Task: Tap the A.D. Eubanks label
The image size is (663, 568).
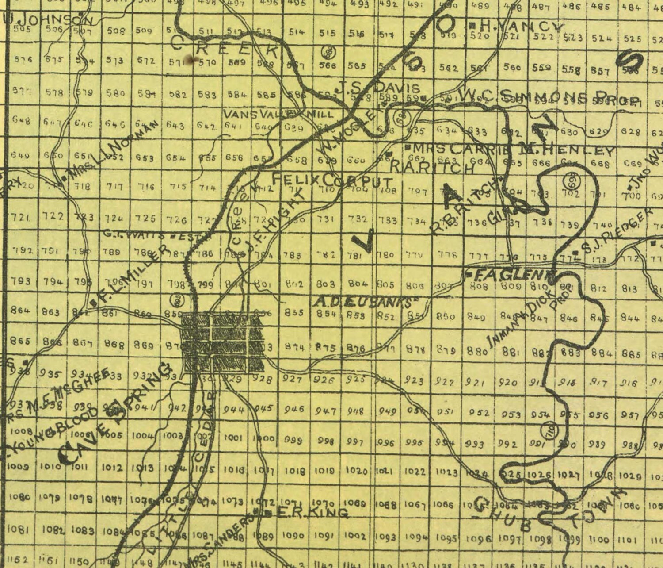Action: coord(366,302)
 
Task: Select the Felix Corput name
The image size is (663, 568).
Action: coord(332,180)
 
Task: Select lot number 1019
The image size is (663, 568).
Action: coord(324,471)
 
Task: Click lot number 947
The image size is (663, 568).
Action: coord(326,411)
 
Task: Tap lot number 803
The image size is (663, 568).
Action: coord(326,284)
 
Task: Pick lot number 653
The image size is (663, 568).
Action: coord(145,158)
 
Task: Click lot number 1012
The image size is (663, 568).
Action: coord(112,467)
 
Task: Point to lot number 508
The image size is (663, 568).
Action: coord(116,31)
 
